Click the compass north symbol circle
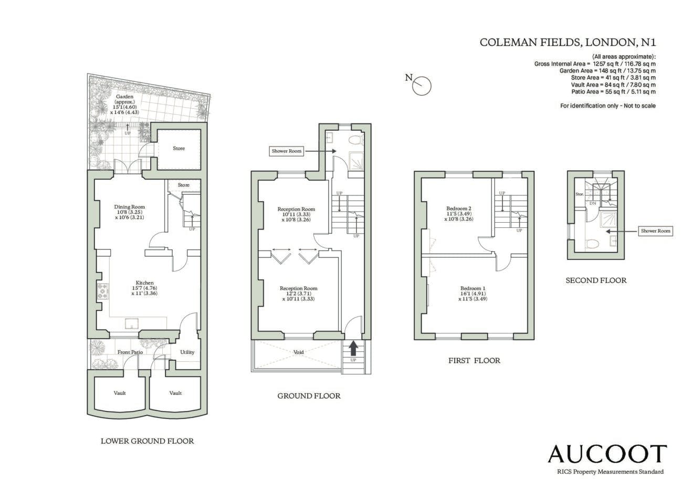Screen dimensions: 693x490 [422, 86]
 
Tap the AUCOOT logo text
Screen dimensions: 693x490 [607, 463]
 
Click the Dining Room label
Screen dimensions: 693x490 [129, 207]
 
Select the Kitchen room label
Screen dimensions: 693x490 [144, 283]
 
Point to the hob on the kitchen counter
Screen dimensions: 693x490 [103, 291]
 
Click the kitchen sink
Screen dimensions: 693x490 [132, 324]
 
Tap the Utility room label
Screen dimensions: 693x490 [187, 352]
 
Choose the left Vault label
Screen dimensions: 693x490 [120, 393]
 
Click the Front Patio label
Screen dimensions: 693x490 [130, 352]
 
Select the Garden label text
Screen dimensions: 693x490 [124, 97]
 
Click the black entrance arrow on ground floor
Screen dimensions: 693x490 [353, 348]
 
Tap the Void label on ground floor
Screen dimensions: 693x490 [299, 352]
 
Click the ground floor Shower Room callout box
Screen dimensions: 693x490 [287, 151]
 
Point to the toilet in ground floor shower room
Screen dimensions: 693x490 [356, 140]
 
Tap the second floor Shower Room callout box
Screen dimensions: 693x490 [656, 231]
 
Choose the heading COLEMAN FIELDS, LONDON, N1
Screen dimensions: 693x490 [568, 42]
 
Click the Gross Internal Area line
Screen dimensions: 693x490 [595, 64]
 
